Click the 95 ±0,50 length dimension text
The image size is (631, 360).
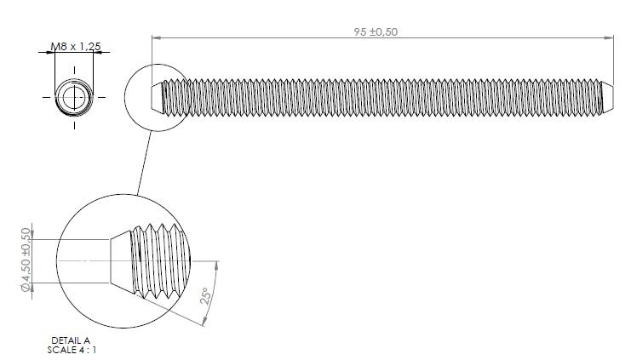pyautogui.click(x=376, y=31)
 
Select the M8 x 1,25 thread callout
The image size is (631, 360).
pyautogui.click(x=76, y=46)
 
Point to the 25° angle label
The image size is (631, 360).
pyautogui.click(x=205, y=295)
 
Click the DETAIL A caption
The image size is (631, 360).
pyautogui.click(x=71, y=341)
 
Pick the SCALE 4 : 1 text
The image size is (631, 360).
pyautogui.click(x=72, y=350)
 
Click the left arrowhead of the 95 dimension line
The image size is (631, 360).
pyautogui.click(x=157, y=37)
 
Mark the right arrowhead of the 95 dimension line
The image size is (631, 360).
pyautogui.click(x=609, y=37)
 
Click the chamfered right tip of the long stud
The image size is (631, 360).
pyautogui.click(x=608, y=97)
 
